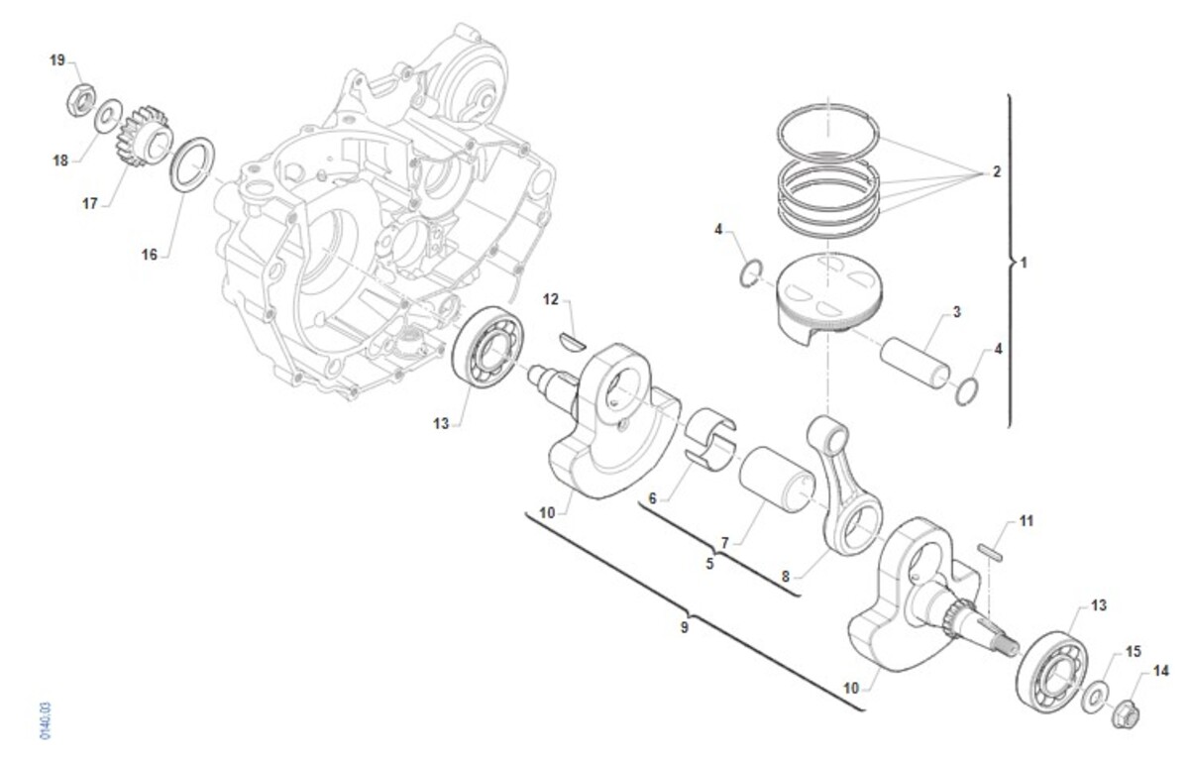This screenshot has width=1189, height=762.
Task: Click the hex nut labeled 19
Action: (x=81, y=99)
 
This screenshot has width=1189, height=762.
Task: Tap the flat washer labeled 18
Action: (x=108, y=115)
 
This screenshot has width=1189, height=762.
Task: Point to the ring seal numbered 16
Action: (x=192, y=164)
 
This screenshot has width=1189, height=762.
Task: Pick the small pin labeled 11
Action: (x=991, y=551)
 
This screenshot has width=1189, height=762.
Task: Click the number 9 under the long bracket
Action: (x=685, y=627)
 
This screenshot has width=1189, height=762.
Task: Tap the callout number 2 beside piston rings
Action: (x=996, y=171)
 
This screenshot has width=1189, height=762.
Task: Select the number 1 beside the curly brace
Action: (x=1024, y=263)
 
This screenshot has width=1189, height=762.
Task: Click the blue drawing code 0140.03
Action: (x=46, y=720)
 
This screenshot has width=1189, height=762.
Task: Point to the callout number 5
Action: (x=709, y=564)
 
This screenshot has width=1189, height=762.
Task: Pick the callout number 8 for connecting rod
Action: (x=786, y=576)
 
